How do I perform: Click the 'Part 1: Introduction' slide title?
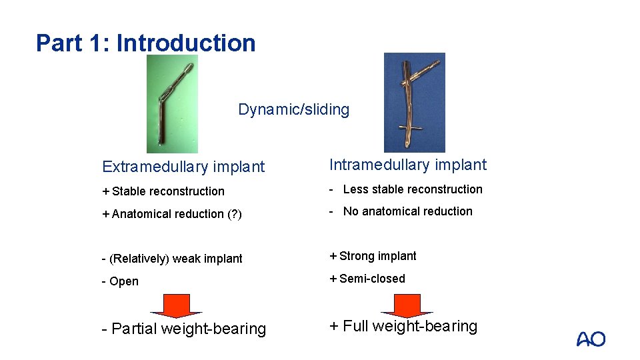146,43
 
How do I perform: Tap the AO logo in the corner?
591,339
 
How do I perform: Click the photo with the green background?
172,103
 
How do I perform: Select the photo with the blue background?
414,102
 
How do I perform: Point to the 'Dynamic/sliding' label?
293,109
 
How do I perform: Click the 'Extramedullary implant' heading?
183,167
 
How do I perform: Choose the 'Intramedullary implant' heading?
408,165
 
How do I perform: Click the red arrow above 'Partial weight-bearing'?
176,305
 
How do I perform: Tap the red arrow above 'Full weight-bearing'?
406,305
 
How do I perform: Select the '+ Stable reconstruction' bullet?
163,191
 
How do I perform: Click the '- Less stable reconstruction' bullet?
406,189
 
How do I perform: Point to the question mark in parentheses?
235,214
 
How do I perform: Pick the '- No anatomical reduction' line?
401,211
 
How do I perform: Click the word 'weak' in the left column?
185,259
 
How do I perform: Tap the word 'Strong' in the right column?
357,256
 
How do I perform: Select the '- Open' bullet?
120,281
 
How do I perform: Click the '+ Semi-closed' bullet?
367,279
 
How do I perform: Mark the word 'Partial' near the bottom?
135,329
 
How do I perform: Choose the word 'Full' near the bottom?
355,326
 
